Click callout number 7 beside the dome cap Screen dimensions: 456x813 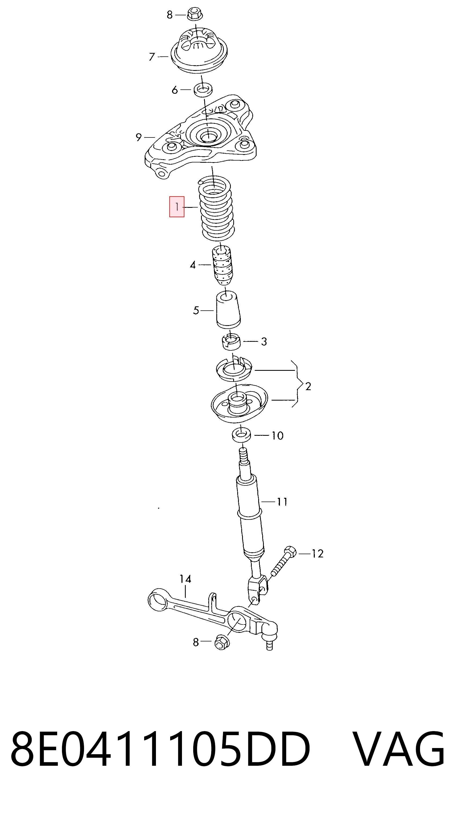[x=152, y=57]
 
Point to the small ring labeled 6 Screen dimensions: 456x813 [x=203, y=90]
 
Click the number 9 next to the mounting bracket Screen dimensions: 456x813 [x=138, y=137]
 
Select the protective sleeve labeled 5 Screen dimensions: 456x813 [x=228, y=309]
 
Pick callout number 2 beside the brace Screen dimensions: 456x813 [x=308, y=386]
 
